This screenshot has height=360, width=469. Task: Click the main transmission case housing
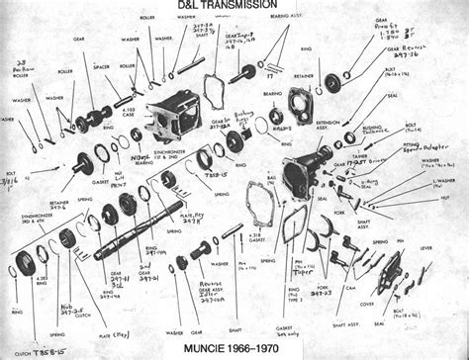tap(170, 120)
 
